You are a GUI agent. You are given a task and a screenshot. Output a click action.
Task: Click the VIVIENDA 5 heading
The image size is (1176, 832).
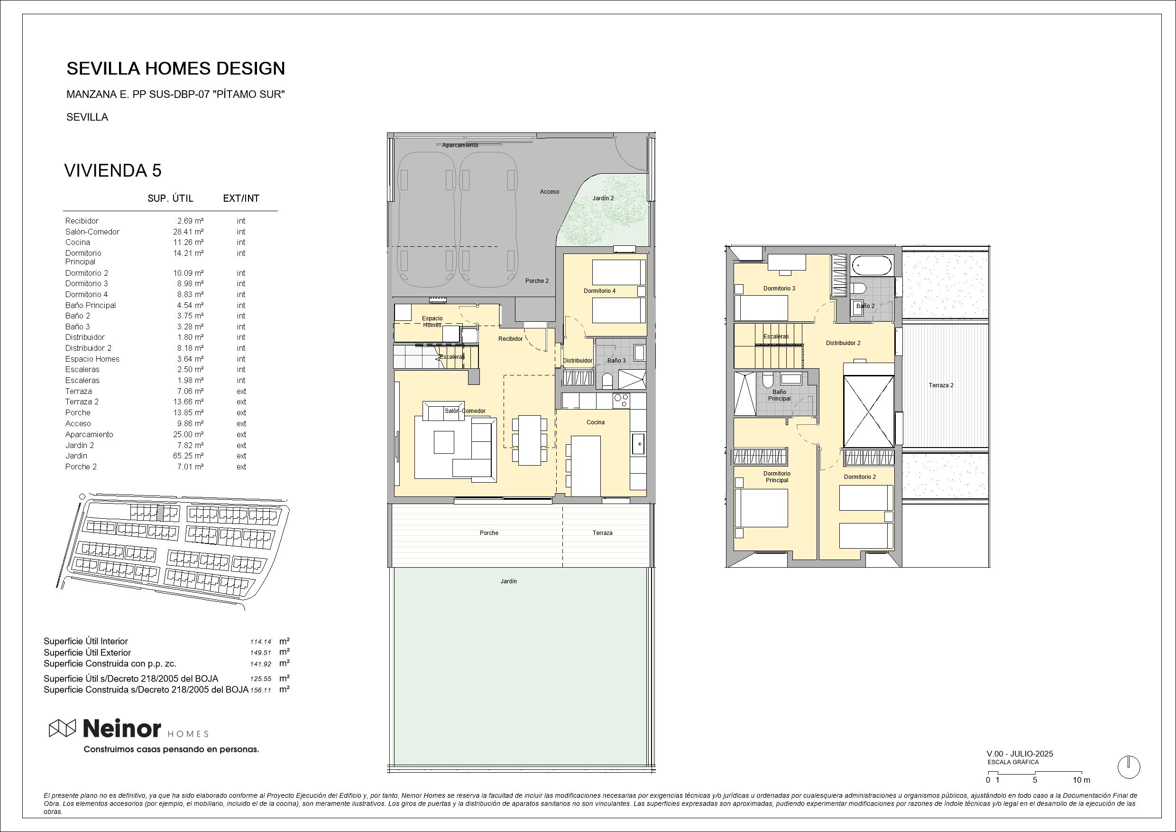[113, 171]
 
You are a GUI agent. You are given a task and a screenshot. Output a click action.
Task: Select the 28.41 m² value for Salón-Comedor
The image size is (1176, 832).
[188, 232]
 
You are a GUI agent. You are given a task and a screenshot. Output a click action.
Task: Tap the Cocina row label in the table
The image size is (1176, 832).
[77, 243]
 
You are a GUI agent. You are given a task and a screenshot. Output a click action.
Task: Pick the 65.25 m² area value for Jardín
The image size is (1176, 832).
[188, 456]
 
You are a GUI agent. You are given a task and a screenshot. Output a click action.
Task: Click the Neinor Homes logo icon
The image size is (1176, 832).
[62, 728]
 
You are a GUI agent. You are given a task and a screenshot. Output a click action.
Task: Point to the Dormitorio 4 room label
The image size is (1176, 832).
[599, 291]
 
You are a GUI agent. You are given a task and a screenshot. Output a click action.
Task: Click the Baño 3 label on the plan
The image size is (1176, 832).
[616, 361]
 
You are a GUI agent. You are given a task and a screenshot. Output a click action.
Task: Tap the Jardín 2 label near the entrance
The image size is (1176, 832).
[603, 198]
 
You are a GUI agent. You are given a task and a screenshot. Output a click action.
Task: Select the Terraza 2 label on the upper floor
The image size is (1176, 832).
[941, 385]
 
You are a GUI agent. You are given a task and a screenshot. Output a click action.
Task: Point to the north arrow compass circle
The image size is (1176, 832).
[1129, 767]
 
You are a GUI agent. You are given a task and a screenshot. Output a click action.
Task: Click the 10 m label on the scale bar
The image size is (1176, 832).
[1081, 780]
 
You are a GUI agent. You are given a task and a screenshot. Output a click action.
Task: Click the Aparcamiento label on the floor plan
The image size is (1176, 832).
[460, 145]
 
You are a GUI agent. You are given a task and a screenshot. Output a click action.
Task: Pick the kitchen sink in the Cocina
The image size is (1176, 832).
[638, 444]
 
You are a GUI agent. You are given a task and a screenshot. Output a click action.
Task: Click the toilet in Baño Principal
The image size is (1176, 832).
[767, 382]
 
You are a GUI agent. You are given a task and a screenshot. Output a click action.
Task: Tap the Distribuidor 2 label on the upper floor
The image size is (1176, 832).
[843, 344]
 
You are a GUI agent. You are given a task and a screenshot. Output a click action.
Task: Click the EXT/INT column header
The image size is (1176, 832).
[241, 198]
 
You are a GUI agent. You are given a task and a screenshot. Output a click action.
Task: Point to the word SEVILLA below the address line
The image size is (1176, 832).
[87, 117]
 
